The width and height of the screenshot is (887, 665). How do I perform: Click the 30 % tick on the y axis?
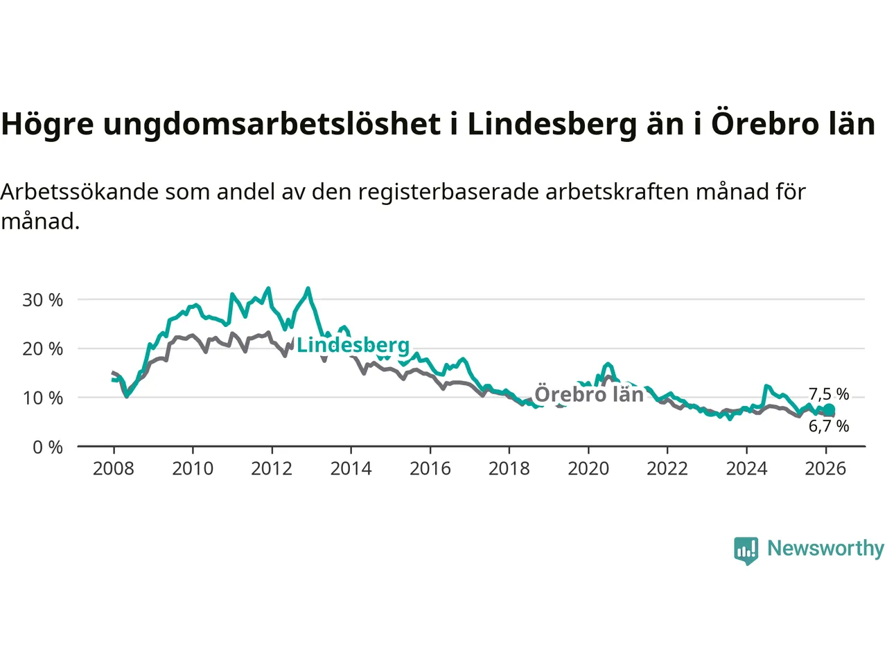(42, 300)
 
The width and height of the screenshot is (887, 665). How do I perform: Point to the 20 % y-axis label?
(42, 349)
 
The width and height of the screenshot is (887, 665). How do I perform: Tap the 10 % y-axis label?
(42, 398)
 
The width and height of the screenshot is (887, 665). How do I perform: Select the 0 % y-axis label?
(47, 447)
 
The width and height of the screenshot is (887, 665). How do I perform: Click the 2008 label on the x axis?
(114, 469)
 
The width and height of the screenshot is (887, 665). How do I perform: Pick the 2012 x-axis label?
(272, 469)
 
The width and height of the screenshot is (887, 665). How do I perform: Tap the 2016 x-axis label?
(430, 469)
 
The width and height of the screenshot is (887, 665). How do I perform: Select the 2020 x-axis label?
(588, 469)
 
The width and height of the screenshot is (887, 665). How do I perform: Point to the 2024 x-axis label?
(746, 469)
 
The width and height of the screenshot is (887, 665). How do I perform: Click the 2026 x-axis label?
(825, 469)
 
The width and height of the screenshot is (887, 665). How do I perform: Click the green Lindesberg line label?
(353, 345)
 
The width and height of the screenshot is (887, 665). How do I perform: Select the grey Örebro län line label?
(589, 394)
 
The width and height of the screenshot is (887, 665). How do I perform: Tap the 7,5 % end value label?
(829, 394)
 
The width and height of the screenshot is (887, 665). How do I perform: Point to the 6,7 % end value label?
(829, 426)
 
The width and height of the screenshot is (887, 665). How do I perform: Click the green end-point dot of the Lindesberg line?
(829, 409)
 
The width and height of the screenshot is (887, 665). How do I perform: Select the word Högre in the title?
(47, 125)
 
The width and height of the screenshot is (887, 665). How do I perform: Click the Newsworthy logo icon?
(746, 550)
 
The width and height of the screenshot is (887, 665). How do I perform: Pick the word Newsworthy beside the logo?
(825, 549)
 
